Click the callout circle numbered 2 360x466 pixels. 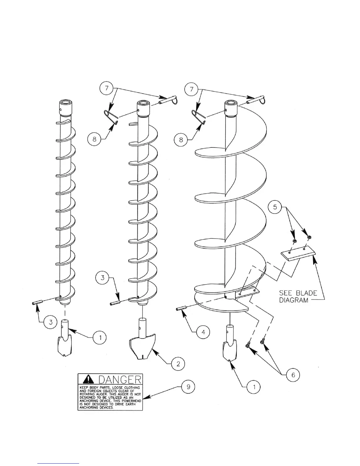tap(178, 364)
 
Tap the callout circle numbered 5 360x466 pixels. tap(275, 207)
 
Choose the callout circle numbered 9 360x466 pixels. tap(189, 387)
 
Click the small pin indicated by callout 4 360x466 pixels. tap(181, 308)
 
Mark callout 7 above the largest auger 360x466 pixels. tap(192, 89)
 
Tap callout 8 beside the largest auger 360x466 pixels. tap(181, 139)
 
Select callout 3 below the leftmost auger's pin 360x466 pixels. tap(51, 322)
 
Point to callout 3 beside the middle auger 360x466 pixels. tap(102, 278)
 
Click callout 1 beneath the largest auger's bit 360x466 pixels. tap(254, 387)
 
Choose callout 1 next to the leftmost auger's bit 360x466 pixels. tap(100, 338)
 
